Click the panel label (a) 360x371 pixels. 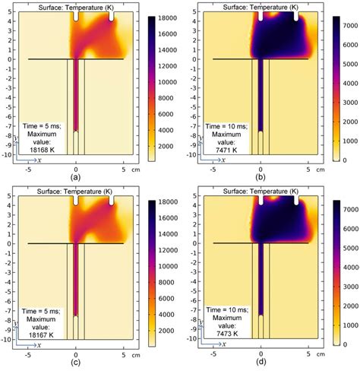pos(75,176)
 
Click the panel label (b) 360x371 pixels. pos(261,176)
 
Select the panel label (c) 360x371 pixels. pos(75,362)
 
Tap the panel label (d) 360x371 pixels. pos(261,362)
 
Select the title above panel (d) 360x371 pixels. pos(261,191)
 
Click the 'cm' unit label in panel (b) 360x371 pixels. pos(321,169)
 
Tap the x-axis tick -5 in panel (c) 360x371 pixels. pos(27,354)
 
